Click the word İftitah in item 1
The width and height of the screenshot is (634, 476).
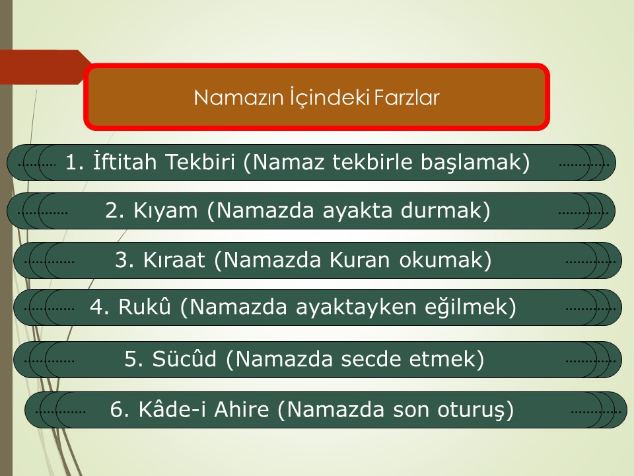point(125,161)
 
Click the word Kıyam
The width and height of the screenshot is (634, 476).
point(165,211)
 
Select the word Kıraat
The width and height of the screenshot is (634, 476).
point(174,260)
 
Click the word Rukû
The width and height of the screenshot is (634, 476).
point(145,306)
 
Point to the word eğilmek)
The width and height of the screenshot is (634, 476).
point(470,307)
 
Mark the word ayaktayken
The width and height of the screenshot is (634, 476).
point(356,307)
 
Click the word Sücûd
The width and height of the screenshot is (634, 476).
point(184,358)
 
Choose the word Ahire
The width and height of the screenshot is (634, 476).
point(242,409)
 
